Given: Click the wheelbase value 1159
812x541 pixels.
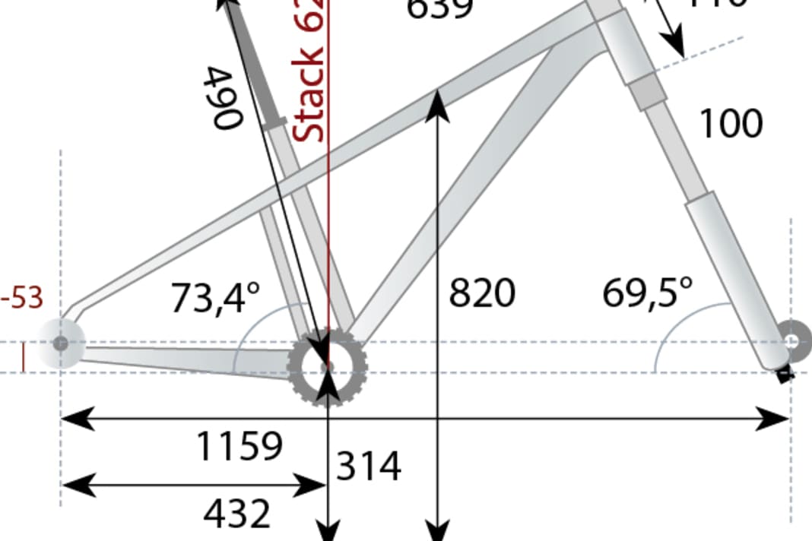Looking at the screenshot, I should point(239,446).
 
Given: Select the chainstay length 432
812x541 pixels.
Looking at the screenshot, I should point(236,514).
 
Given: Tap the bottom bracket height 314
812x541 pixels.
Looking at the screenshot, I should point(369,466).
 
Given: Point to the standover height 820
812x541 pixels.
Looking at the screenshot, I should point(482,293).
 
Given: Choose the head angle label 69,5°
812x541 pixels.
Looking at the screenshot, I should point(648,293).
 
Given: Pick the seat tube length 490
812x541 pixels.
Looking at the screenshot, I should point(224,97).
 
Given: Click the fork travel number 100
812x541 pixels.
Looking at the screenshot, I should point(730,123).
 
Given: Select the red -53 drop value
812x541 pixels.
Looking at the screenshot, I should point(21,299).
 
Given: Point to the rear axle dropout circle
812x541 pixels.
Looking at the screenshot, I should point(60,343).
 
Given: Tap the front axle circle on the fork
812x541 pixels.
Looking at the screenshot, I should point(792,342).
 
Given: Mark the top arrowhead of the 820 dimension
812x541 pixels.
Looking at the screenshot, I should point(436,102).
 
